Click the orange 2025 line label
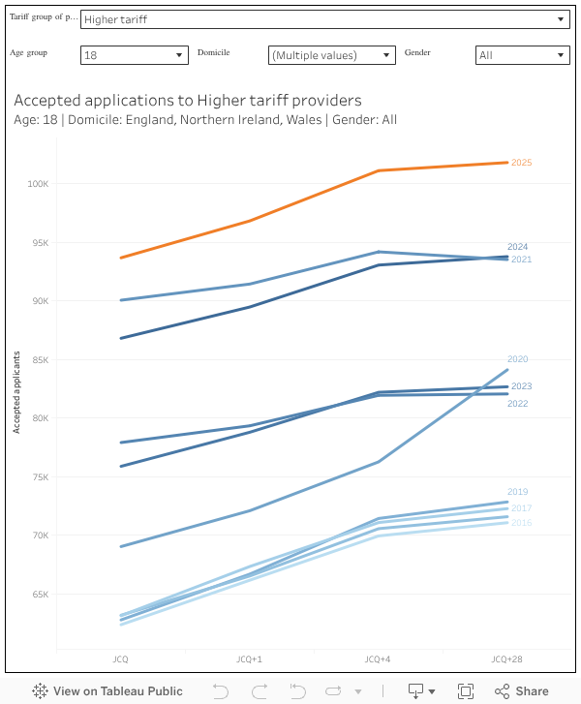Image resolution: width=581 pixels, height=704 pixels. [522, 163]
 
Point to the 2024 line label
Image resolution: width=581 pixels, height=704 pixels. [518, 247]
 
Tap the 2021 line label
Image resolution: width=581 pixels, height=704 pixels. [521, 260]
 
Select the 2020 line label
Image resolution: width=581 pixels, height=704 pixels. [518, 359]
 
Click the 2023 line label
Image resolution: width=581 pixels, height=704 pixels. [521, 386]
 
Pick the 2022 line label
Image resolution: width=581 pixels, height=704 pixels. [518, 403]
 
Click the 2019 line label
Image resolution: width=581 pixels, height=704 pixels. [518, 492]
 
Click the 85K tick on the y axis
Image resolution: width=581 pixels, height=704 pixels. [40, 360]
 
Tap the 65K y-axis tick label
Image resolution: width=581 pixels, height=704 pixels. [40, 595]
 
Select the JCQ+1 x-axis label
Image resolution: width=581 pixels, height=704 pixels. [249, 659]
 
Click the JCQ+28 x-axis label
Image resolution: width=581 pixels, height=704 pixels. [505, 659]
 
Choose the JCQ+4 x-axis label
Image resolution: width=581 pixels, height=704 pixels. [378, 659]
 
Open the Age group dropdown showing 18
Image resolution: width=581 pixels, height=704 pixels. [134, 55]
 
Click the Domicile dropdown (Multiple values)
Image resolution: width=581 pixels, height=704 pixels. [331, 55]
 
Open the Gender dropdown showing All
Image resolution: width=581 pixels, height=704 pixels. [522, 55]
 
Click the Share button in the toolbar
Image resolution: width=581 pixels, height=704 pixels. [522, 690]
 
